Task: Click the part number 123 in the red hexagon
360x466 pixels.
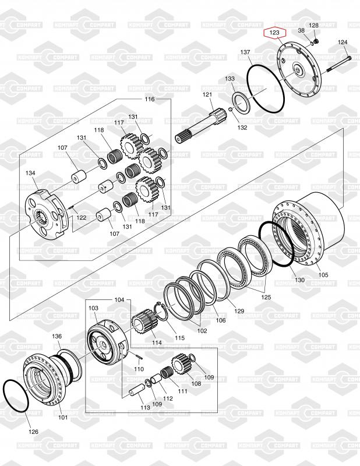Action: click(275, 33)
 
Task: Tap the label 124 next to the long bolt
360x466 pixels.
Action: click(343, 43)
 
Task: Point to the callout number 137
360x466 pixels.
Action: click(245, 52)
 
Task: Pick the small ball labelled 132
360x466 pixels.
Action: click(230, 110)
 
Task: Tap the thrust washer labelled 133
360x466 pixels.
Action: click(242, 103)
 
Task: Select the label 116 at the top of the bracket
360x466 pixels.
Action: click(150, 99)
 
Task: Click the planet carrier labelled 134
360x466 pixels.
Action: click(48, 214)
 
